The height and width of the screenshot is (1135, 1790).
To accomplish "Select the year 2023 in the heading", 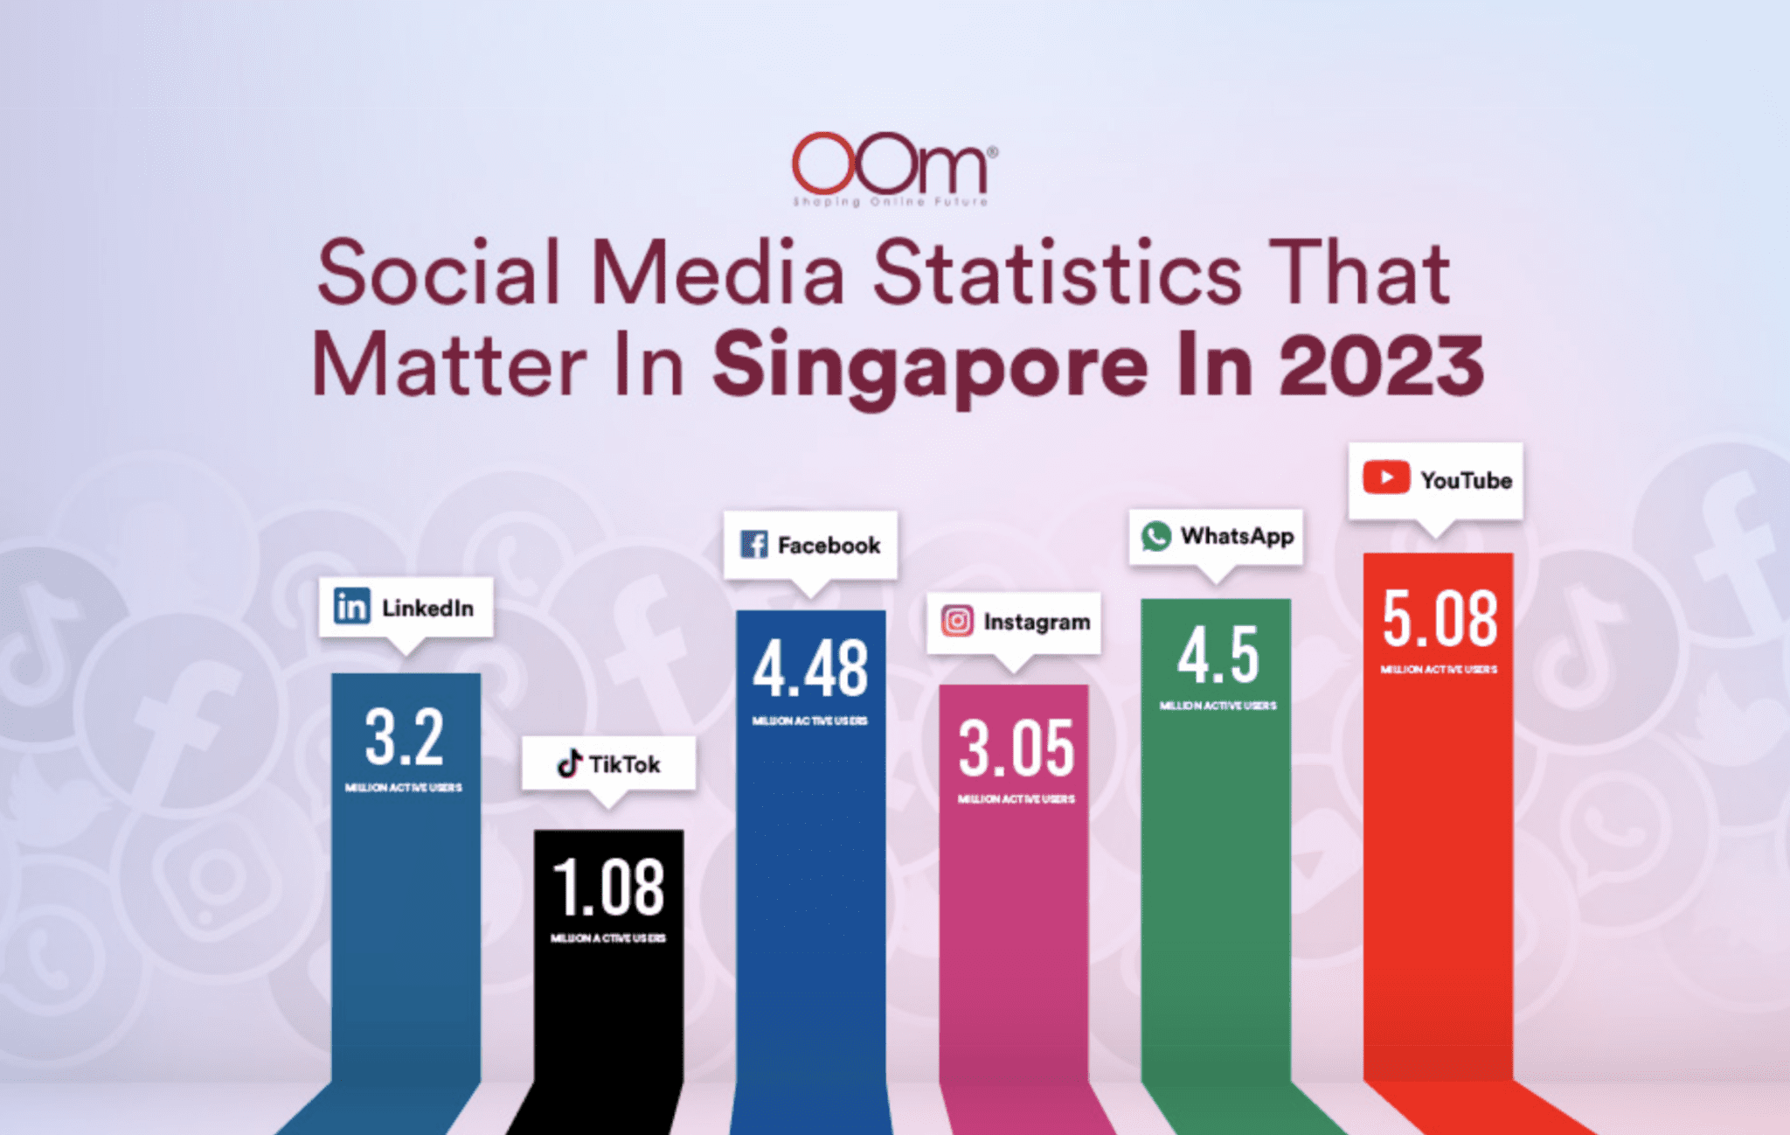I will [1382, 366].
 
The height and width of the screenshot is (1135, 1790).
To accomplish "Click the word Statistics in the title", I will [1058, 274].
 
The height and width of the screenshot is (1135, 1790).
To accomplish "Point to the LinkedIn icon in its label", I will [351, 606].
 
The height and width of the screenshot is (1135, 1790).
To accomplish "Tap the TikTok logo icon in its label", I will [570, 763].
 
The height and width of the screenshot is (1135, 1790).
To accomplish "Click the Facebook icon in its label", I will [753, 544].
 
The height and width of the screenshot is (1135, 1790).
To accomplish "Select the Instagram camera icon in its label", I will [957, 621].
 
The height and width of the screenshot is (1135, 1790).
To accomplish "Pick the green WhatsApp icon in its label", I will [1155, 535].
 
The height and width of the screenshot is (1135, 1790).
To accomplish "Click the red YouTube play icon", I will [1385, 478].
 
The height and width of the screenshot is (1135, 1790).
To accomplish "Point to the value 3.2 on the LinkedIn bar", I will [404, 737].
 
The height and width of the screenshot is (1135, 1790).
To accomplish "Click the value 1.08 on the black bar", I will [608, 887].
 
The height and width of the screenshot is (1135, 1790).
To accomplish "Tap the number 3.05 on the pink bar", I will [1016, 749].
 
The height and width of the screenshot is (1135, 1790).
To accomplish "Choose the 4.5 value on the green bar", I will [1218, 656].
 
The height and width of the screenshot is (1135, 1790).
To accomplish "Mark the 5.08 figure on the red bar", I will [1440, 619].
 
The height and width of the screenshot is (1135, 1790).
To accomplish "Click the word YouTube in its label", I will [1466, 480].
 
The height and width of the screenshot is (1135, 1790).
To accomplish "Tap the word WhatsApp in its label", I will [1237, 535].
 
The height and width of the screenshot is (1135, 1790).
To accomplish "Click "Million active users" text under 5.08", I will [1439, 670].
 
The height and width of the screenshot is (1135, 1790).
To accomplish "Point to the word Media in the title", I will [718, 274].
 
